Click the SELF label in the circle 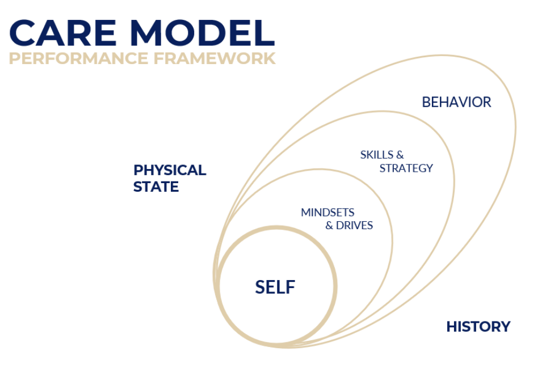(275, 287)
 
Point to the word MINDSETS (327, 213)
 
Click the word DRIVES (355, 226)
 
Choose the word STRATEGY (406, 168)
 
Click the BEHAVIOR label (456, 102)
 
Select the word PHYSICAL (170, 170)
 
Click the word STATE (156, 187)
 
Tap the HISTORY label (478, 327)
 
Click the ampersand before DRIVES (329, 226)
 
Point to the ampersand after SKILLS (400, 155)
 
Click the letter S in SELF (260, 287)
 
